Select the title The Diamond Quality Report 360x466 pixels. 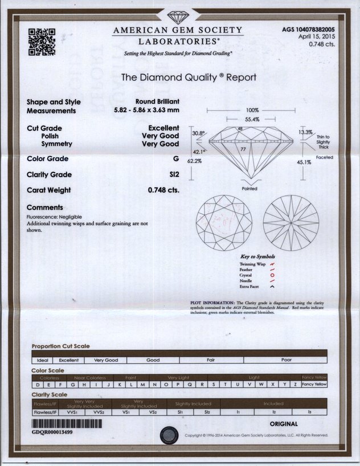[x=189, y=77]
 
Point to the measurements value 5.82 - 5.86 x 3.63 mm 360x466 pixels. [x=147, y=111]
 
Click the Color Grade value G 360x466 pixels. [x=176, y=159]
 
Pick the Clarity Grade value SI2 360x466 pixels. [x=174, y=175]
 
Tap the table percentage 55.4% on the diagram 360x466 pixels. [x=252, y=119]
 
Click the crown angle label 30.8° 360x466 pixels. [x=198, y=133]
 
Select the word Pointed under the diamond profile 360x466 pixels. [x=249, y=189]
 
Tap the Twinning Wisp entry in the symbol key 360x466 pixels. [x=253, y=264]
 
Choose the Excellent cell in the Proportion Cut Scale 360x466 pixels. [x=69, y=360]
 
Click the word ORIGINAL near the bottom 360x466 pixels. [x=284, y=424]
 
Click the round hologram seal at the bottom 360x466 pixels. [x=169, y=435]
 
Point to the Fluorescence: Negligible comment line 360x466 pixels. [x=55, y=217]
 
